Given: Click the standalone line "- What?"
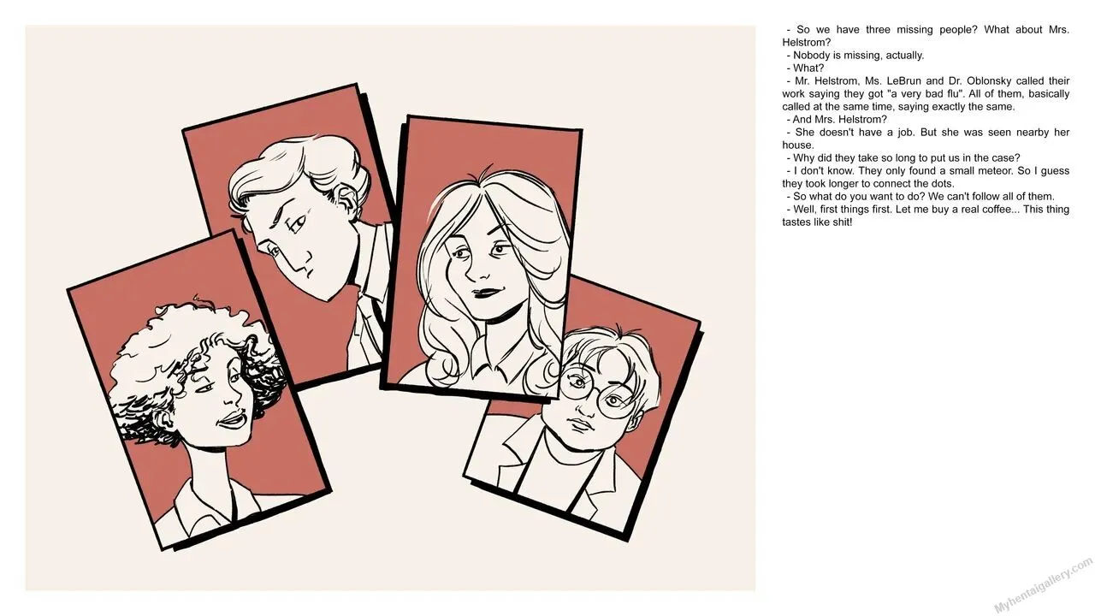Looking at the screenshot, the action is pos(805,68).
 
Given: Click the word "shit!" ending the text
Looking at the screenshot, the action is pos(841,222).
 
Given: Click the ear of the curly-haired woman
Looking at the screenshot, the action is pos(161,419).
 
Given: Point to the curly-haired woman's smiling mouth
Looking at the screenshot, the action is pos(231,420).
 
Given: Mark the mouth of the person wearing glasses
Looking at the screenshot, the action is pos(580,424).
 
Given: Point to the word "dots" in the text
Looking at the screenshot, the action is pos(942,184).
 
